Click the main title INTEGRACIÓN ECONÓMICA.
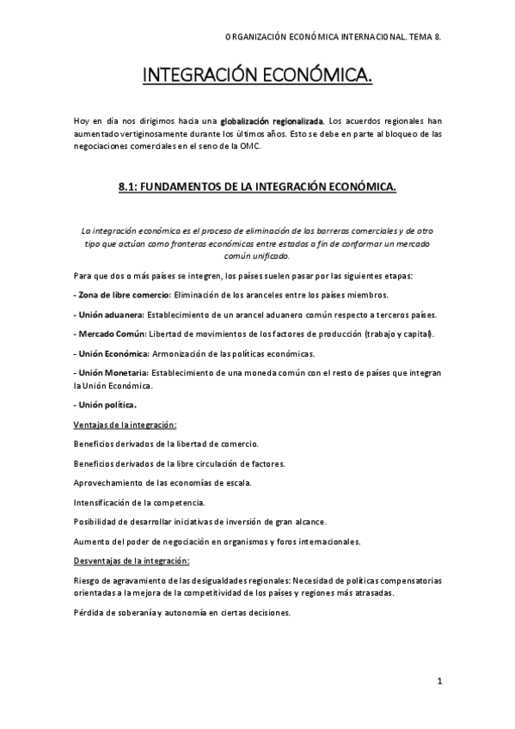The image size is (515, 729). [x=257, y=78]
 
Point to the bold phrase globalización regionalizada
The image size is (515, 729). [x=273, y=121]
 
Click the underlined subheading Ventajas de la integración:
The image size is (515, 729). [x=125, y=424]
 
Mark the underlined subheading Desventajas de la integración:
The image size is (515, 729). [x=132, y=561]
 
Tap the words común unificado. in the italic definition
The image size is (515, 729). [x=258, y=256]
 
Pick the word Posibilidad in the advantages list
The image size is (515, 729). [x=96, y=522]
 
